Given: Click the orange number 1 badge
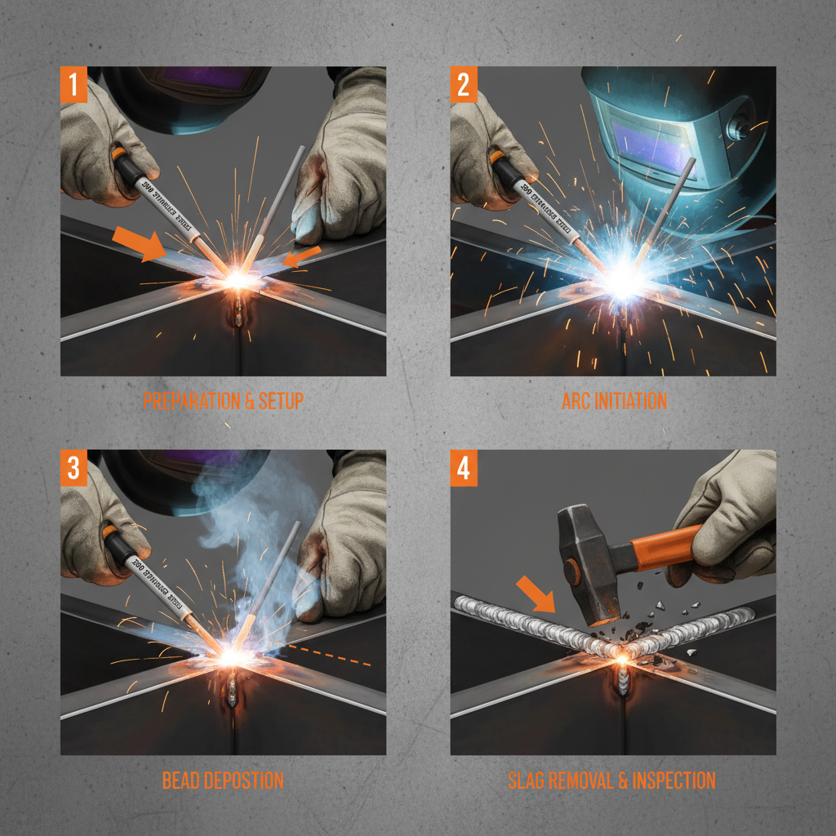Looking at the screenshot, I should (73, 84).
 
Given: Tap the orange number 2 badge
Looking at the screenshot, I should (464, 84).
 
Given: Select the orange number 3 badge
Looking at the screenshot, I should (73, 468).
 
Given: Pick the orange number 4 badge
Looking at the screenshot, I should (464, 468).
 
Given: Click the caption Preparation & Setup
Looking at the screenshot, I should (223, 401).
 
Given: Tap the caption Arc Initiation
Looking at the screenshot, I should (614, 401).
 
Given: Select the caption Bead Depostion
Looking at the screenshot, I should (223, 780).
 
